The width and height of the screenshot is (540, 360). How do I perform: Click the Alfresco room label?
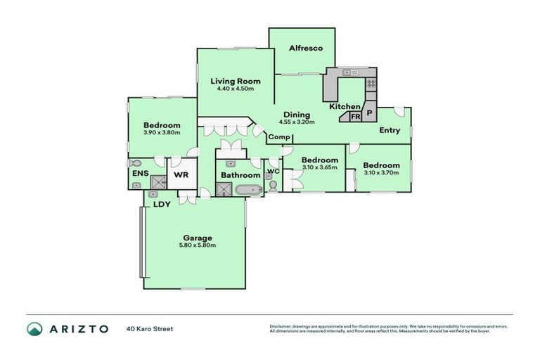click(306, 48)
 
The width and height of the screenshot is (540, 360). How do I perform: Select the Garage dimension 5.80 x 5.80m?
click(195, 245)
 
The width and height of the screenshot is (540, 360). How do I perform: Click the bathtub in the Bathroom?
click(248, 189)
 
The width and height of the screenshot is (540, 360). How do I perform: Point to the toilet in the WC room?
click(273, 185)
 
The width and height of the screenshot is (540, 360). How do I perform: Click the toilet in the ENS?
click(136, 162)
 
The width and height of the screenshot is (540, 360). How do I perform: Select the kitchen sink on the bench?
click(349, 72)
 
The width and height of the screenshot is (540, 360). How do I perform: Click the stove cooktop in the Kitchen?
click(371, 84)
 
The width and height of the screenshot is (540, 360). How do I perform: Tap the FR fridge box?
click(356, 116)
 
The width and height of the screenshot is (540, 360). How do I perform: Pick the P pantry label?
click(368, 112)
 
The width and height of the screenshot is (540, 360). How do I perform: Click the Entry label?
click(390, 130)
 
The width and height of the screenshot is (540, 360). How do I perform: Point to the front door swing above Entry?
click(399, 111)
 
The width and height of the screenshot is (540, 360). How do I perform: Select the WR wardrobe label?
click(180, 174)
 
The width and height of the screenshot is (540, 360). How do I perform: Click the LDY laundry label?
click(162, 205)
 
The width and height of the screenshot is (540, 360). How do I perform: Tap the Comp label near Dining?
click(279, 136)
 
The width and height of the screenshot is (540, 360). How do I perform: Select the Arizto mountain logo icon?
click(34, 328)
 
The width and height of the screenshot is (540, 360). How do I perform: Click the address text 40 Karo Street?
click(150, 328)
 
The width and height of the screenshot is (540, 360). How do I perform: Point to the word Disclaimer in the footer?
click(281, 326)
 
